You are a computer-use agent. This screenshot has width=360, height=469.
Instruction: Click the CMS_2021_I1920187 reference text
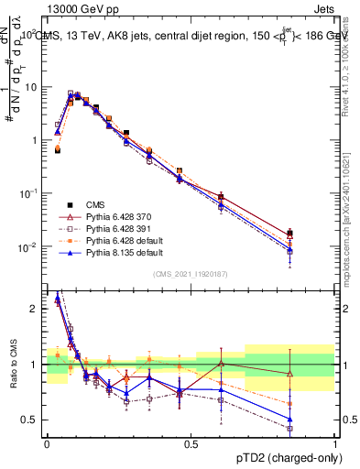pos(191,275)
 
